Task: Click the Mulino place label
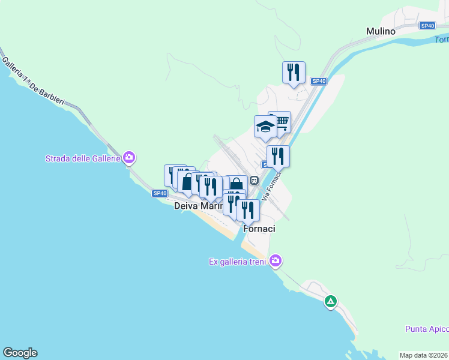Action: coord(381,31)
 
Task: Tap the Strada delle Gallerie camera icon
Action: coord(128,158)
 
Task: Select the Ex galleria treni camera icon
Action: coord(276,260)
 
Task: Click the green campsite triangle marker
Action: coord(330,301)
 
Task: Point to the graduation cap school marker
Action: coord(265,127)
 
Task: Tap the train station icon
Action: coord(255,179)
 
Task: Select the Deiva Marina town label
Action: coord(198,206)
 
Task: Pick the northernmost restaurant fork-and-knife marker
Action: coord(294,72)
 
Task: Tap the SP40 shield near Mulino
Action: coord(427,26)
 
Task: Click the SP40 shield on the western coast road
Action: coord(159,193)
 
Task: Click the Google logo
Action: coord(20,353)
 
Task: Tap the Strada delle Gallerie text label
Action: coord(82,158)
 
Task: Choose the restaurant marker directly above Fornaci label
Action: coord(248,211)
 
